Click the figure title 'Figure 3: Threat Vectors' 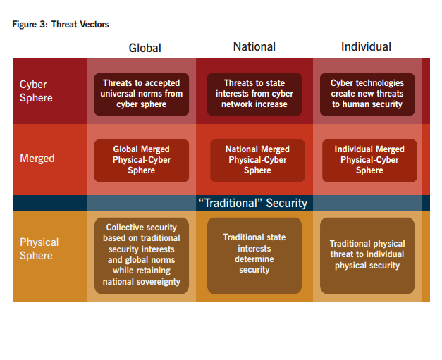point(61,25)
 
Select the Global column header point(145,48)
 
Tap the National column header point(254,46)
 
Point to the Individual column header point(366,46)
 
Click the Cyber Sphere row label point(36,91)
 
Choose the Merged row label point(37,159)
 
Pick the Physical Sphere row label point(39,249)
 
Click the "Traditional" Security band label point(253,203)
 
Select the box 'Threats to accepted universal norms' point(142,94)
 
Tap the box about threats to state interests point(254,94)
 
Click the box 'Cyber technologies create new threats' point(367,94)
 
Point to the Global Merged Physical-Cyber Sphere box point(142,161)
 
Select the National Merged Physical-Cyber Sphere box point(257,161)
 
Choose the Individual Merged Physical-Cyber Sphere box point(369,161)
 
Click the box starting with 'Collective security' point(142,256)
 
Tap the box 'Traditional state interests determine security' point(254,256)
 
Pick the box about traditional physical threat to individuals point(367,256)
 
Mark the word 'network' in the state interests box point(235,104)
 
